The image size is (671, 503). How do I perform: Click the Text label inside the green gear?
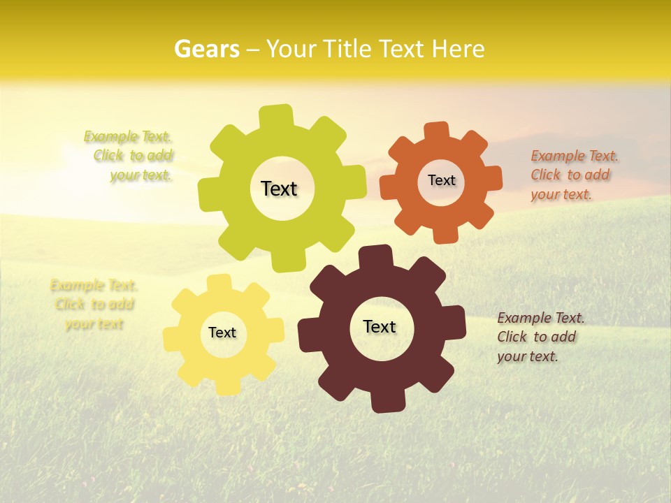[x=279, y=189]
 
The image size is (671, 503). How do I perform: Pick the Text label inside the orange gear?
[x=441, y=180]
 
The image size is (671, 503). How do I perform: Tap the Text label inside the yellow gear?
[x=222, y=333]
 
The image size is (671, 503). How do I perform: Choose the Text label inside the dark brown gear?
[x=380, y=326]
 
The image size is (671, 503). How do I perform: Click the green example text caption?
[x=129, y=156]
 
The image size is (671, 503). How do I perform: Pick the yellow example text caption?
[x=94, y=305]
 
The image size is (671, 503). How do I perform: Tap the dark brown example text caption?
[x=541, y=337]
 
